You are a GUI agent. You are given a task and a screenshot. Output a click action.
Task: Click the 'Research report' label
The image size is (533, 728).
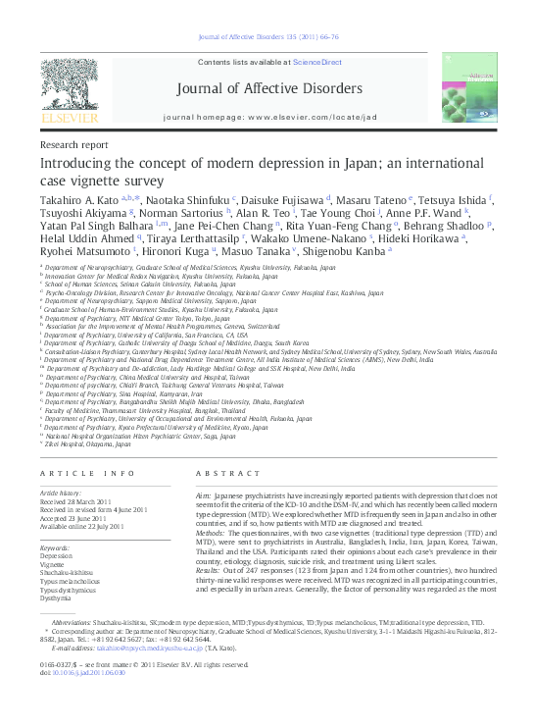click(x=73, y=143)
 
